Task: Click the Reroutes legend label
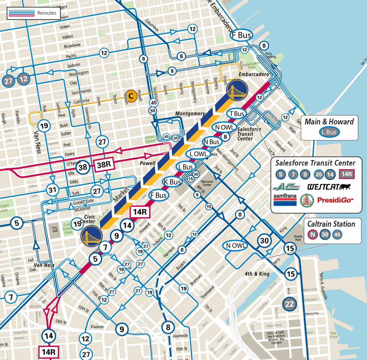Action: pyautogui.click(x=46, y=13)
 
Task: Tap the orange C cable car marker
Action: pyautogui.click(x=131, y=96)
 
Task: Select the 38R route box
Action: pyautogui.click(x=104, y=165)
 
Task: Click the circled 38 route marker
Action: pyautogui.click(x=83, y=167)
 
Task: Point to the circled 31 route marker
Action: pyautogui.click(x=53, y=190)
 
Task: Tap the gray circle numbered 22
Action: pyautogui.click(x=289, y=304)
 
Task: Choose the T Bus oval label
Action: pyautogui.click(x=237, y=114)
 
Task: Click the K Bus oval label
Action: pyautogui.click(x=172, y=182)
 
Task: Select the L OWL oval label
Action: pyautogui.click(x=198, y=154)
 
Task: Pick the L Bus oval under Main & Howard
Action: pyautogui.click(x=329, y=132)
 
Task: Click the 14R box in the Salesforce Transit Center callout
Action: pyautogui.click(x=347, y=174)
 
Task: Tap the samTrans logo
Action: pyautogui.click(x=285, y=200)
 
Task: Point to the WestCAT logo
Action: pyautogui.click(x=329, y=187)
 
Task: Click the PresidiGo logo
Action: pyautogui.click(x=335, y=200)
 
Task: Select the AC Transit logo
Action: pyautogui.click(x=287, y=186)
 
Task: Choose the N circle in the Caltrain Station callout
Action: pyautogui.click(x=312, y=235)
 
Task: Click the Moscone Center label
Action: pyautogui.click(x=207, y=183)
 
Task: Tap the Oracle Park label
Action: pyautogui.click(x=298, y=238)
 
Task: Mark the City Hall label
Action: pyautogui.click(x=54, y=229)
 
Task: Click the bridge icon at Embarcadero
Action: pyautogui.click(x=237, y=90)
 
